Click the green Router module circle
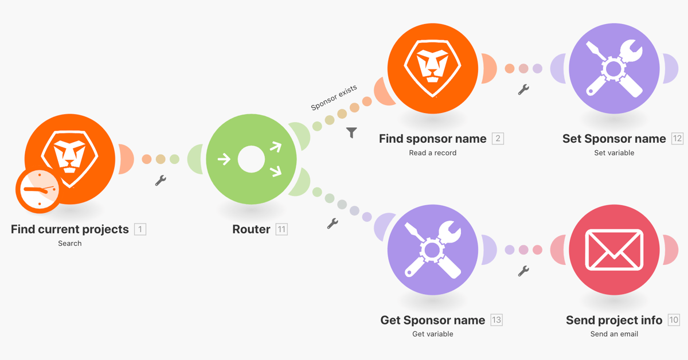(251, 159)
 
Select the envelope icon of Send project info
(614, 250)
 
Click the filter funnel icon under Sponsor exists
(352, 132)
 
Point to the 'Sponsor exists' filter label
(334, 97)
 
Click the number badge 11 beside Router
(282, 229)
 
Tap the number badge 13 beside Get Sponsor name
(496, 320)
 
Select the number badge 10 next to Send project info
(673, 320)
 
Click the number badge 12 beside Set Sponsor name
(677, 139)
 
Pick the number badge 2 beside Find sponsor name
(498, 139)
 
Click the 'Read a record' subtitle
(433, 152)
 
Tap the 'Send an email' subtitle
(614, 334)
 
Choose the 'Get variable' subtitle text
(433, 334)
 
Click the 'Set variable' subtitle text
(614, 152)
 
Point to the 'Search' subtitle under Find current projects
(70, 243)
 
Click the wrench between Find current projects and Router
(161, 181)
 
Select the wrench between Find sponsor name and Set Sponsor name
(523, 89)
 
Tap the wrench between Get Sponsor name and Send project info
(523, 271)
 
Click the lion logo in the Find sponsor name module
(433, 63)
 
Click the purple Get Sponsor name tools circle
(433, 250)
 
